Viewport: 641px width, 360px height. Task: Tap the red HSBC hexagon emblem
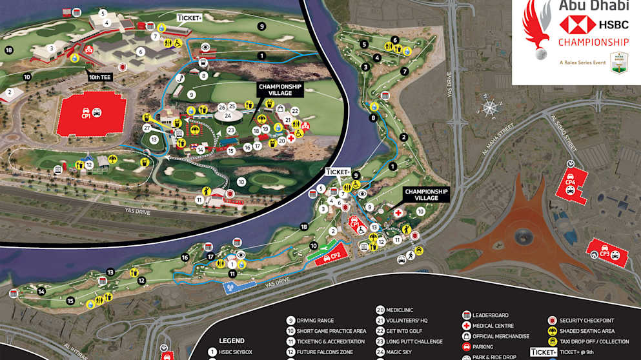[x=576, y=25]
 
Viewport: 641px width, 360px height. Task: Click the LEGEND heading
[x=232, y=340]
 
